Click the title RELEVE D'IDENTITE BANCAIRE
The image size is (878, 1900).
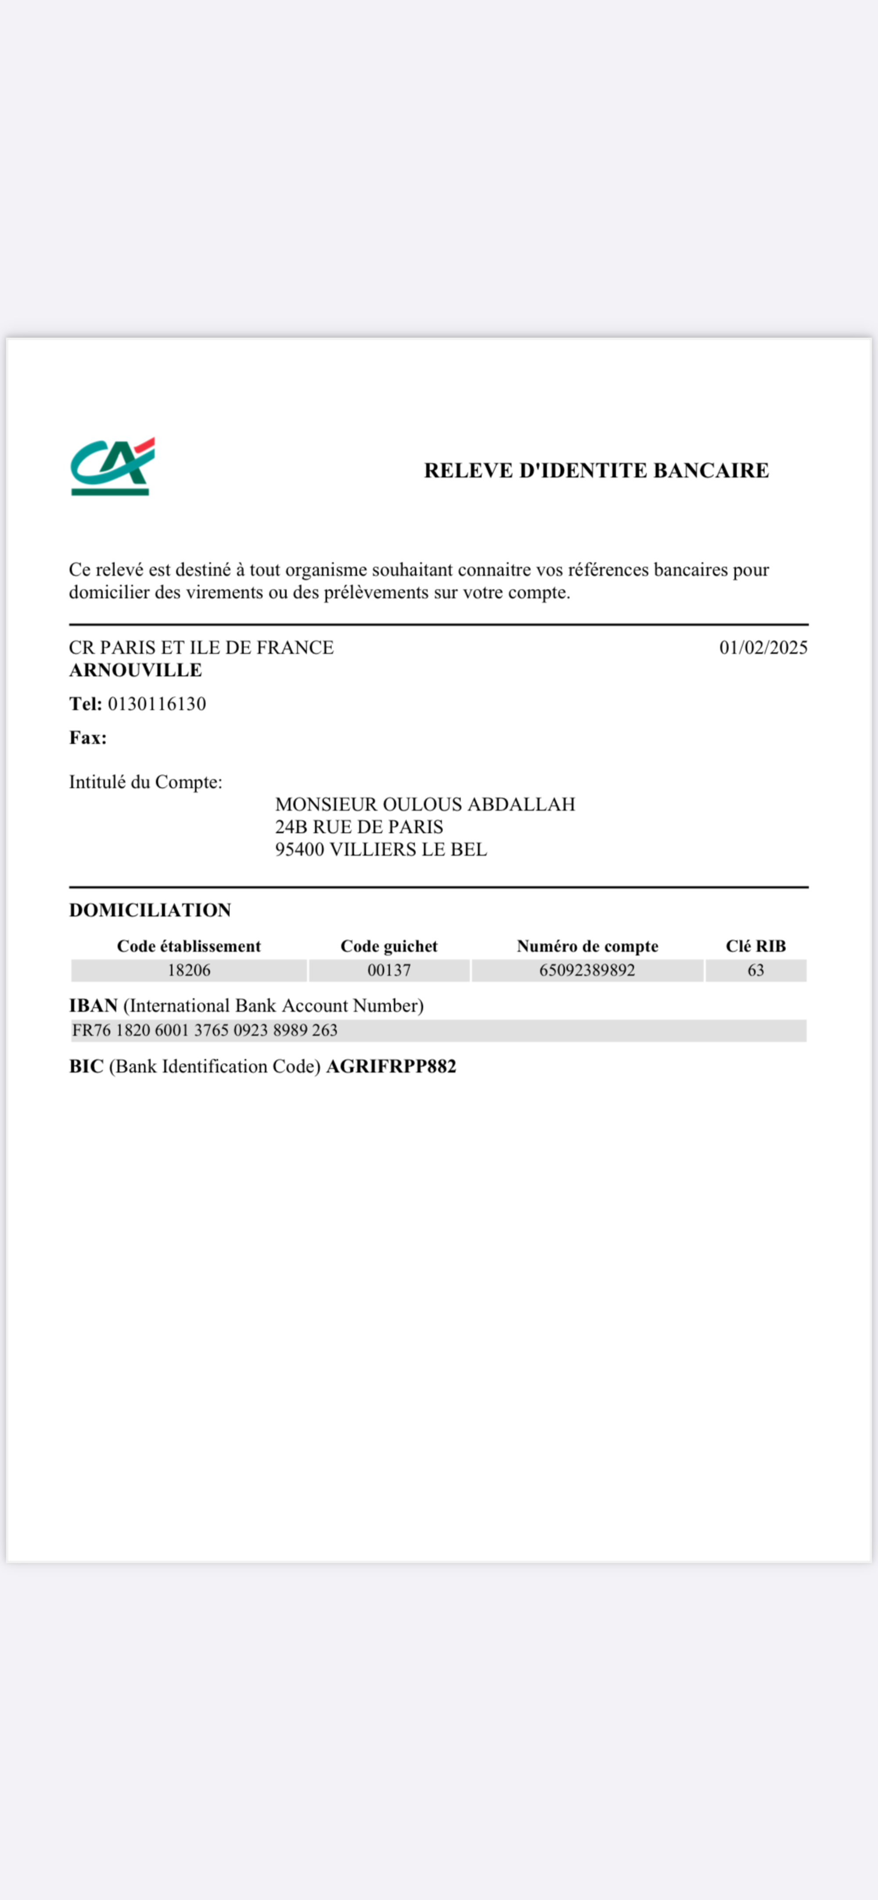point(596,471)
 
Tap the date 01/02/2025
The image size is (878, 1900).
point(763,648)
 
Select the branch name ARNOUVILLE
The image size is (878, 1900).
point(136,670)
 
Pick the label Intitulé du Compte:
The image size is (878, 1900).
point(145,782)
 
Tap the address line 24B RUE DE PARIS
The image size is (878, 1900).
point(359,827)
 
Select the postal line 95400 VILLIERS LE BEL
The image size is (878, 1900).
point(381,850)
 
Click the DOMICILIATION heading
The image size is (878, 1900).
point(150,910)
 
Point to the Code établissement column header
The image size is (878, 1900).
point(189,946)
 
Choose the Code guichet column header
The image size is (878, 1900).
point(389,946)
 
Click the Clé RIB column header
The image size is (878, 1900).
point(756,946)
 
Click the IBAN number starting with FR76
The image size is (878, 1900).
point(205,1030)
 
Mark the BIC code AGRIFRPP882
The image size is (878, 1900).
point(391,1066)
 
